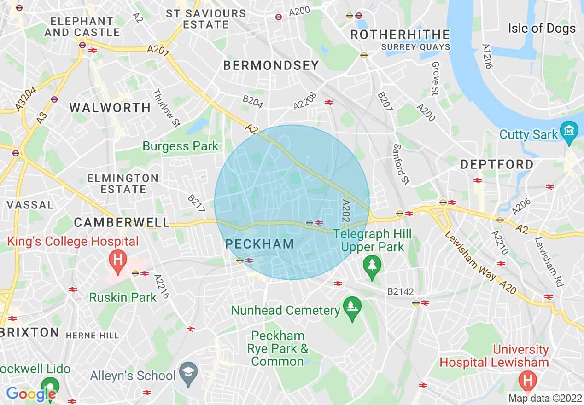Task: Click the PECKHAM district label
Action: click(x=260, y=244)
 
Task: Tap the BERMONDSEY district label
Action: click(x=271, y=66)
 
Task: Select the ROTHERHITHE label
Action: click(x=400, y=35)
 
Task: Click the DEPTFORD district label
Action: click(x=496, y=164)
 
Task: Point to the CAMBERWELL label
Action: click(x=122, y=222)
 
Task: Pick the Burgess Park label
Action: click(x=181, y=146)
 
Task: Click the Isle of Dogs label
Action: click(x=542, y=29)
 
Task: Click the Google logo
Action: click(x=30, y=394)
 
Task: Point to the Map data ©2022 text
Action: click(x=544, y=399)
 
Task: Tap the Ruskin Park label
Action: click(x=123, y=297)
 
